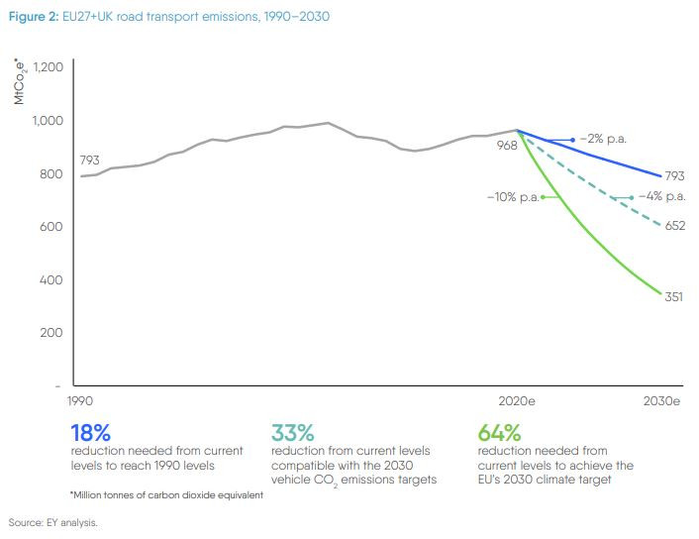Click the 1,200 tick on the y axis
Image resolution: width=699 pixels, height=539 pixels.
pos(49,67)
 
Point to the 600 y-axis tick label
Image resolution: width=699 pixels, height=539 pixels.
pos(51,227)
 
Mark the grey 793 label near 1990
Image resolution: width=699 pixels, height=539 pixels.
pos(89,160)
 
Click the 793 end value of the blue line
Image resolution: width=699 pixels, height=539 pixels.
pos(675,175)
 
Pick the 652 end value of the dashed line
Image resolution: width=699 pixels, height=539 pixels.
pos(675,226)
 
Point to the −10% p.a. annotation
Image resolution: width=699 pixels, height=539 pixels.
pos(512,197)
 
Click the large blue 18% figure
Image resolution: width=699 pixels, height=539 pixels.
pos(90,434)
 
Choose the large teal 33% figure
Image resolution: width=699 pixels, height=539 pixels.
pos(293,434)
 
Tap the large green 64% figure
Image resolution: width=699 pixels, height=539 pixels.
pos(498,434)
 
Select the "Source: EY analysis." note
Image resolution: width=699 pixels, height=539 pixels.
pos(52,521)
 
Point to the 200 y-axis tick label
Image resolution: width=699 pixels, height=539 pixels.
pos(51,333)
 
